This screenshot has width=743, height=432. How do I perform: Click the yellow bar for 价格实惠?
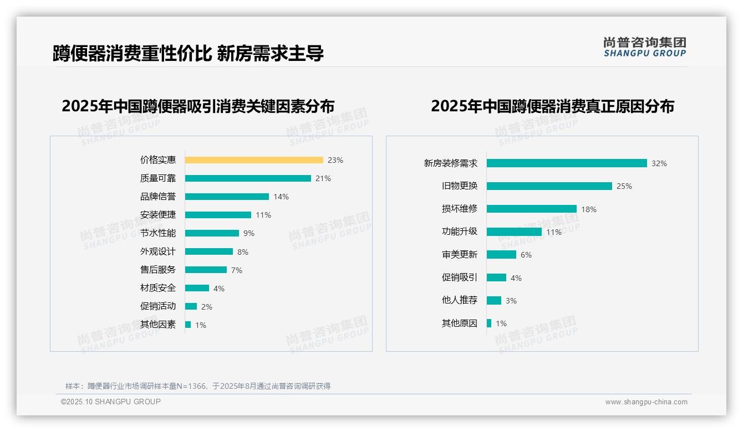pos(254,160)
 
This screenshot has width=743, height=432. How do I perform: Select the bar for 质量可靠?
pos(248,178)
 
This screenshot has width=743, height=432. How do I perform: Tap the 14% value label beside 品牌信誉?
pos(281,197)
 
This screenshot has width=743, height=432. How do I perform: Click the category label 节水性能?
pos(158,233)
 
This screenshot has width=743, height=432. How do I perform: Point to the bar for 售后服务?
pos(206,270)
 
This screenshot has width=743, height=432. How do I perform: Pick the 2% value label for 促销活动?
pos(207,307)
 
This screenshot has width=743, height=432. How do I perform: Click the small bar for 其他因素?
pos(188,325)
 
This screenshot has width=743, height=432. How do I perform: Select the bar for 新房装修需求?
pos(567,163)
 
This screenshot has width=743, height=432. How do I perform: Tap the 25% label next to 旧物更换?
pos(624,186)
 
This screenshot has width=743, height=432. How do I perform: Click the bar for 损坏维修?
pos(532,209)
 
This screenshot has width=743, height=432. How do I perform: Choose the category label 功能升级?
pos(459,232)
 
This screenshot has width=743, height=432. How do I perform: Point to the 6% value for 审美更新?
pos(526,255)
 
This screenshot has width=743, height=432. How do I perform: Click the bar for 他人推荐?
pos(494,300)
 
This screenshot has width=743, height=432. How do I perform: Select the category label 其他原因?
pos(459,323)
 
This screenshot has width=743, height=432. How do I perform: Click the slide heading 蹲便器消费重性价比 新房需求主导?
pos(188,53)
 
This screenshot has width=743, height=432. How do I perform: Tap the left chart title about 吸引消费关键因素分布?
pos(198,106)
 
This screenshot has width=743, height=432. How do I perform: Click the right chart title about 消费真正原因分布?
pos(552,106)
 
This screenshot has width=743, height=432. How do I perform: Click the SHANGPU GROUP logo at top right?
pos(645,47)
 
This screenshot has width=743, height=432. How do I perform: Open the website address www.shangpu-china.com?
pos(646,402)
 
